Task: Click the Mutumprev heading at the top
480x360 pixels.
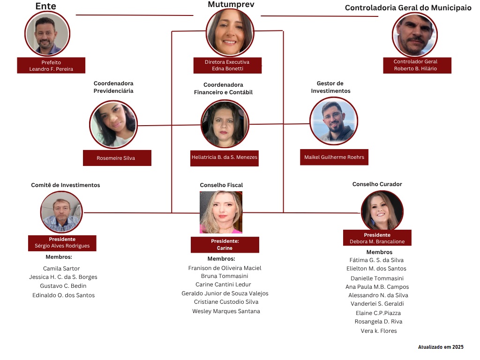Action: tap(231, 4)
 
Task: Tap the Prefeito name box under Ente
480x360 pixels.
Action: tap(51, 66)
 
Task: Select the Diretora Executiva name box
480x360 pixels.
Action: tap(227, 65)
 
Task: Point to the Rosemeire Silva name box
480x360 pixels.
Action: tap(117, 158)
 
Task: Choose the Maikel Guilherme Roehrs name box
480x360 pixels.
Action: tap(334, 157)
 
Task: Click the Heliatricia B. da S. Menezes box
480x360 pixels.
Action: tap(225, 157)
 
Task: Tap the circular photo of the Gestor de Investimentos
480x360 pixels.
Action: tap(334, 120)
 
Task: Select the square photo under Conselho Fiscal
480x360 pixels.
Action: tap(221, 212)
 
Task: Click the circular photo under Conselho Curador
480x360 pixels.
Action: tap(382, 211)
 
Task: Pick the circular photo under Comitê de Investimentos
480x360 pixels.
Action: tap(61, 212)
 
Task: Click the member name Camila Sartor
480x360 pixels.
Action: tap(61, 269)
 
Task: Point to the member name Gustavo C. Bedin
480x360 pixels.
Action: tap(63, 286)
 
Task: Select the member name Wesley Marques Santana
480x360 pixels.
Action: tap(226, 311)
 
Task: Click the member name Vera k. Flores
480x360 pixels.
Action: tap(379, 331)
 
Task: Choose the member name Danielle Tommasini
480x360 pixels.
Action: tap(377, 278)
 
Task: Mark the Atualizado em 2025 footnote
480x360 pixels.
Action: tap(441, 347)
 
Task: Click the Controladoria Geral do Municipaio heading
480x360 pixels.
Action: tap(408, 8)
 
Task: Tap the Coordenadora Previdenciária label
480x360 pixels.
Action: tap(113, 87)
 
